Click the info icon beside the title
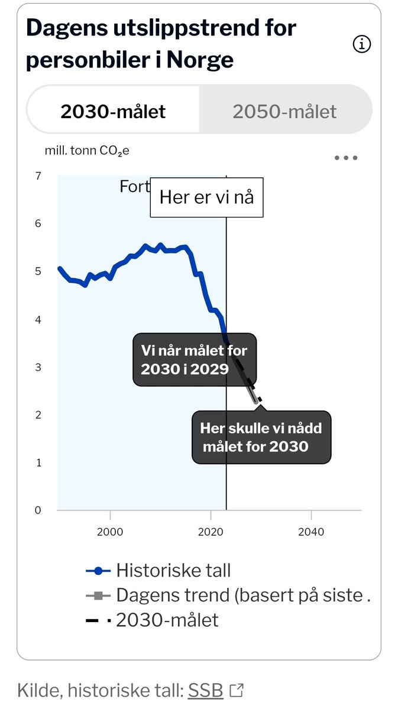(361, 44)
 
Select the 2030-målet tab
(113, 111)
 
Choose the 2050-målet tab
(284, 111)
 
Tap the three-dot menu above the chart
(346, 158)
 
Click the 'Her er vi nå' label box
(206, 197)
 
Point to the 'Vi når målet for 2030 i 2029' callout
(193, 360)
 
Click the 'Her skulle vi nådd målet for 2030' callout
(261, 437)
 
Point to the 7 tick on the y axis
(38, 176)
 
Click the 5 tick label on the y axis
(38, 272)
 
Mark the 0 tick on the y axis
(38, 510)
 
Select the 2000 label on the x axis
(109, 532)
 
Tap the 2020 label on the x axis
(210, 532)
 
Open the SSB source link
(205, 690)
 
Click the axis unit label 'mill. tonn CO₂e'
(87, 151)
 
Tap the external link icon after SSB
(237, 690)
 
